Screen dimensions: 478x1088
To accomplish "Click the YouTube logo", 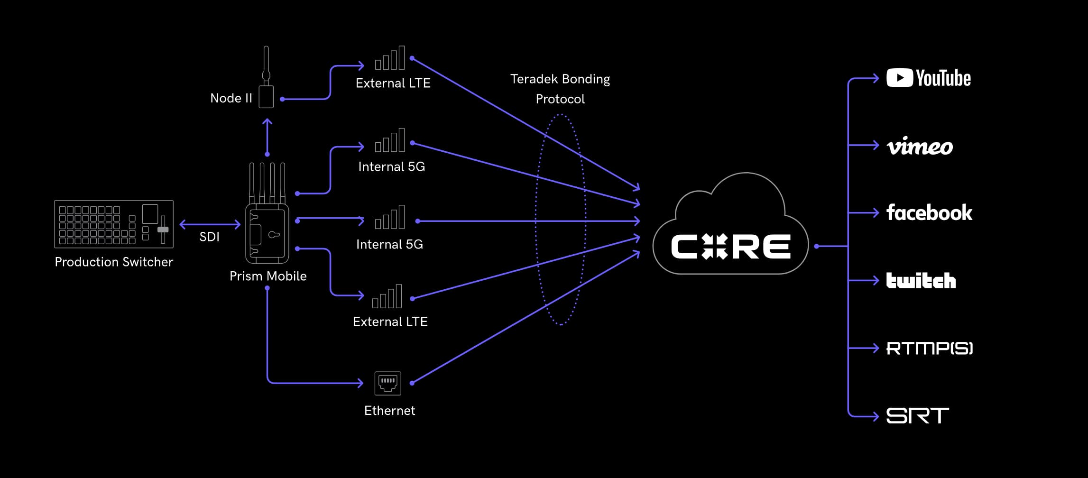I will (x=928, y=78).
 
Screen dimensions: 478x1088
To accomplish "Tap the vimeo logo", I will (x=920, y=146).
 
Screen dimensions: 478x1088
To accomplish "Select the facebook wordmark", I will (x=929, y=213).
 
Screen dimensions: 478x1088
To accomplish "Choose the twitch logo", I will (x=921, y=280).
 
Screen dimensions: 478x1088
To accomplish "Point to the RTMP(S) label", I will (x=929, y=349).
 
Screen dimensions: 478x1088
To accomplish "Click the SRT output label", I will (x=917, y=416).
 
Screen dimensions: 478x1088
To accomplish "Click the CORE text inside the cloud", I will (x=730, y=247).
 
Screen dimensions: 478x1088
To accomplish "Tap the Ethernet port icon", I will (x=387, y=383).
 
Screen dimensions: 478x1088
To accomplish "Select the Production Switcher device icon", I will (x=114, y=224).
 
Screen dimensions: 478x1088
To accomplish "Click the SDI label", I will (x=209, y=237).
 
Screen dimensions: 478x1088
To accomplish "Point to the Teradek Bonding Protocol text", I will (x=560, y=89).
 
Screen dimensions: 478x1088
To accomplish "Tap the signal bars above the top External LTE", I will (x=390, y=58).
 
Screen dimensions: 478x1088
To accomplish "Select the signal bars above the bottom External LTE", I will (x=387, y=297).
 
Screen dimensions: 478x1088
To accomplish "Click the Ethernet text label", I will (x=389, y=411).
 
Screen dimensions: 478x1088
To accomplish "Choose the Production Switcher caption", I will (x=114, y=262).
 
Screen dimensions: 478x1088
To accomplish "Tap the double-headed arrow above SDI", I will (x=210, y=224).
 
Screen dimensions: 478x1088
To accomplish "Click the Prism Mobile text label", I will (x=268, y=276).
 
